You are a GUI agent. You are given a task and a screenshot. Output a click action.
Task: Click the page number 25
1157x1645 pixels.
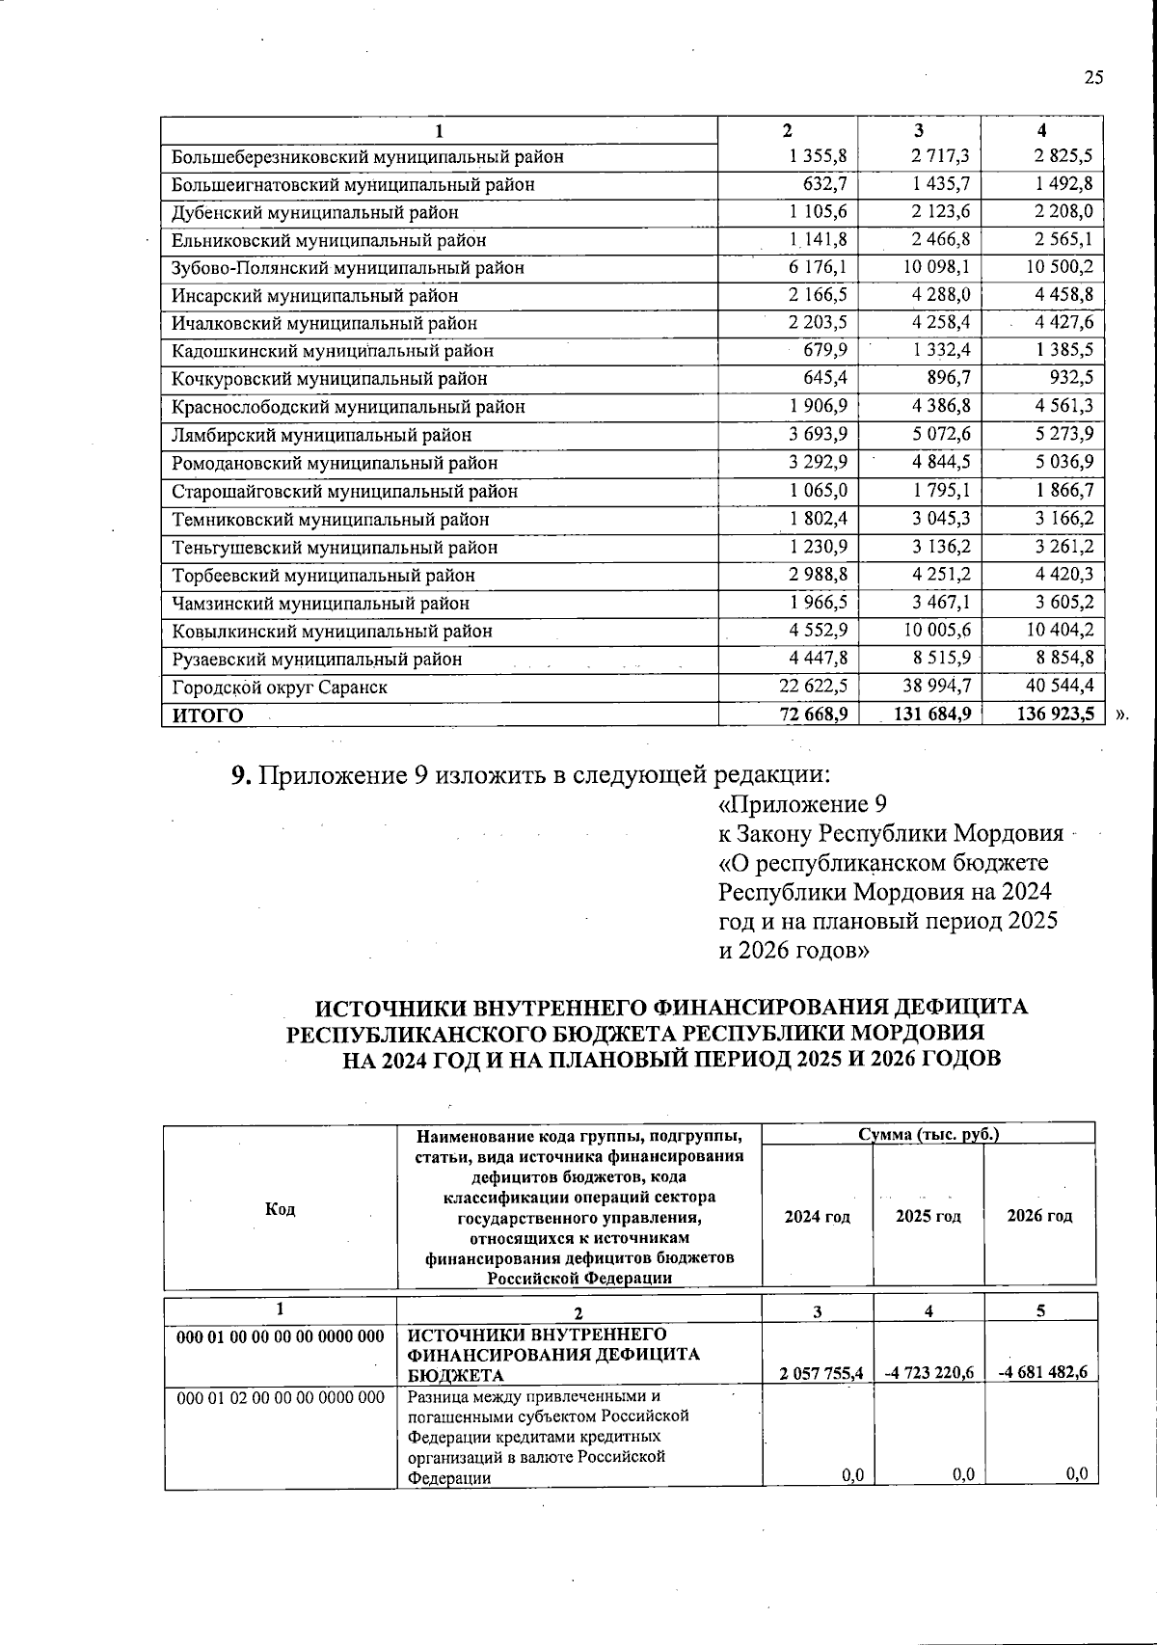pos(1092,78)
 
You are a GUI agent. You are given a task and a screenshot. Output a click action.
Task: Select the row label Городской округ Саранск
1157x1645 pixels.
pos(280,688)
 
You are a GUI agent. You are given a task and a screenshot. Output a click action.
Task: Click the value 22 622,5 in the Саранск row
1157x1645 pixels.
pos(813,687)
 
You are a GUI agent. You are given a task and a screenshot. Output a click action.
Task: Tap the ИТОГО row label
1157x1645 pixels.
pos(207,715)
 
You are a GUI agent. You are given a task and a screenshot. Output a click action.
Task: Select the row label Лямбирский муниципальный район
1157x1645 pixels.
pos(321,435)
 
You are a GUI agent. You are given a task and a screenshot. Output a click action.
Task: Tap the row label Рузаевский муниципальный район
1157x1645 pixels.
pos(316,660)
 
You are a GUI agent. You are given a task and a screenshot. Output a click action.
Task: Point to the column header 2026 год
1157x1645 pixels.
pos(1039,1216)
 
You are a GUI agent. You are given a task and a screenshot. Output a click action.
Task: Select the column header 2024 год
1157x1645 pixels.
pos(817,1216)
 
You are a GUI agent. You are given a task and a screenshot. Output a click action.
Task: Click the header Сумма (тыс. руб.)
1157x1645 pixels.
pos(928,1134)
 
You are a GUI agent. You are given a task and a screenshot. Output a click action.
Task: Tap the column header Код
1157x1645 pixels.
pos(280,1209)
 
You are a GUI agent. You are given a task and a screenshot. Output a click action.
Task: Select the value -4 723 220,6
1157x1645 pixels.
pos(928,1373)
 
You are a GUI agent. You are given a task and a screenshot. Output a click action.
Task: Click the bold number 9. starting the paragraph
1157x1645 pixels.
pos(241,775)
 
